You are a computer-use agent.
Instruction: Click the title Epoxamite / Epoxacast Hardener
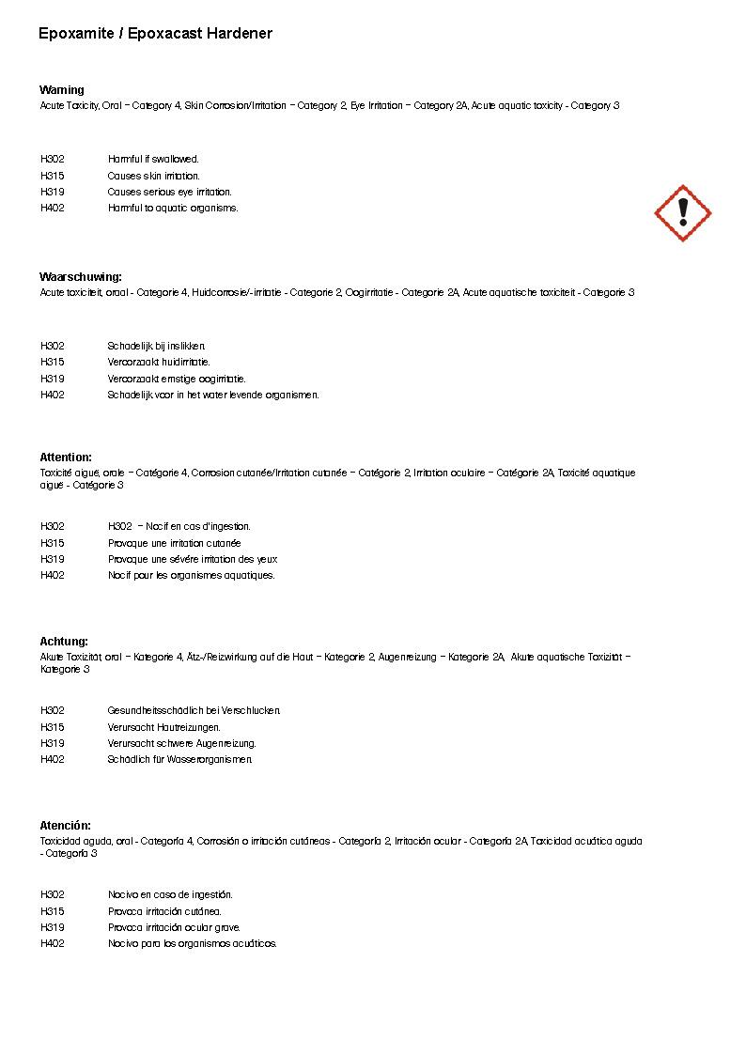click(156, 34)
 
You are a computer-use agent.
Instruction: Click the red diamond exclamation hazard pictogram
click(683, 213)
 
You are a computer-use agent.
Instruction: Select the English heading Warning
click(62, 90)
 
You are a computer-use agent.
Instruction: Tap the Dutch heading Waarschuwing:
click(81, 277)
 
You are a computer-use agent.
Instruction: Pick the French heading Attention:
click(66, 458)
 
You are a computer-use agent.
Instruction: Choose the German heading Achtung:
click(64, 642)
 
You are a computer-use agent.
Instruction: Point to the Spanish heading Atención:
click(66, 826)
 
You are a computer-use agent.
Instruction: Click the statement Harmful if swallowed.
click(153, 160)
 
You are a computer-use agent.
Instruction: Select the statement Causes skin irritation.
click(153, 176)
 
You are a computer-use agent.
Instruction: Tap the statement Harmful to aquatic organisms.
click(173, 209)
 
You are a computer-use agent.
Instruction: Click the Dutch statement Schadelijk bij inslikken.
click(156, 347)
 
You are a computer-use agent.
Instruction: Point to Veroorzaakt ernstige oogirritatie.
click(177, 379)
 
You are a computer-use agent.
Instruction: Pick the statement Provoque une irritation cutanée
click(175, 543)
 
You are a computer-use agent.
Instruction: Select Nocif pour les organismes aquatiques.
click(192, 576)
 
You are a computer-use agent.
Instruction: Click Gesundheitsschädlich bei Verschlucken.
click(194, 711)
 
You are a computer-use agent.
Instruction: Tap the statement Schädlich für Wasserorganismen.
click(180, 760)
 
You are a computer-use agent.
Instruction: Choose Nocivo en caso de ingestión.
click(170, 895)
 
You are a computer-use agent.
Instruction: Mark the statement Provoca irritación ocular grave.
click(174, 927)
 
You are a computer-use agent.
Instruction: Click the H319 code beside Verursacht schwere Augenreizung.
click(53, 743)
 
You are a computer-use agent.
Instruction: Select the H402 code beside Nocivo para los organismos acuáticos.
click(53, 944)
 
